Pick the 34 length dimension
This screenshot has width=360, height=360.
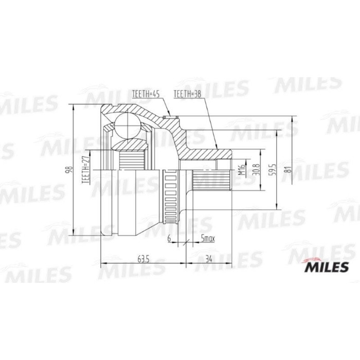208,258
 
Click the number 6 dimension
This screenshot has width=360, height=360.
169,238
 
